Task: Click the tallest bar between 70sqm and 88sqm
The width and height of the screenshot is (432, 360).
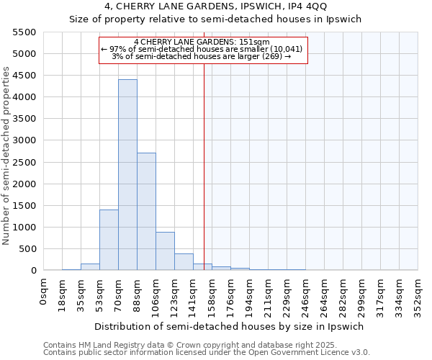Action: tap(127, 175)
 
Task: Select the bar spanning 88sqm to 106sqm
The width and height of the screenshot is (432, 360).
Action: tap(146, 212)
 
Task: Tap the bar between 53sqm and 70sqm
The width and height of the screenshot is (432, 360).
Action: tap(109, 240)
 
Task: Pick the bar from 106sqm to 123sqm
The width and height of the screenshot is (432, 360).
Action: tap(165, 251)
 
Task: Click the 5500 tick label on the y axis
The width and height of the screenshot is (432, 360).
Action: tap(24, 32)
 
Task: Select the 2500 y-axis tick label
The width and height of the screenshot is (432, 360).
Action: tap(24, 162)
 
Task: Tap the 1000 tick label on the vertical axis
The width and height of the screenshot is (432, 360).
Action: tap(24, 228)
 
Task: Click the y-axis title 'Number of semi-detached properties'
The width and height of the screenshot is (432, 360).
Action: tap(7, 156)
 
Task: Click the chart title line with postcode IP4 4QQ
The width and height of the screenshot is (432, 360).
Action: tap(215, 8)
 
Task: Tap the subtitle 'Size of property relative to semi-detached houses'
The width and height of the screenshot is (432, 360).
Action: tap(215, 20)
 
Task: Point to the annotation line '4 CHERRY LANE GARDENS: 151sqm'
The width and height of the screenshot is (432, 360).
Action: tap(202, 42)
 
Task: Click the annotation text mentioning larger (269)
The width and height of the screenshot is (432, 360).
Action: tap(202, 56)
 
